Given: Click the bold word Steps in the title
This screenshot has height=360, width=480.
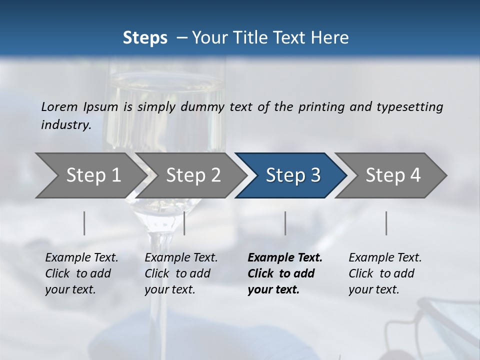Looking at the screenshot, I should (x=145, y=38).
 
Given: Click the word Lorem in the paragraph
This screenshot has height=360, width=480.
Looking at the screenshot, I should (x=59, y=107).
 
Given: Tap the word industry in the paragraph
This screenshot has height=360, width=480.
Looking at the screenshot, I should (x=66, y=125).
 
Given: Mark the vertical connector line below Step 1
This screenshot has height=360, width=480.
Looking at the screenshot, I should (x=84, y=223).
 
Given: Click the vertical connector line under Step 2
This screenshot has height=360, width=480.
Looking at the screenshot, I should (x=184, y=223).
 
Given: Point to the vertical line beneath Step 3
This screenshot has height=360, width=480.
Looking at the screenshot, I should (x=285, y=223).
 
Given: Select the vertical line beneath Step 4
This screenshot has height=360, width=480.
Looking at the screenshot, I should (x=386, y=223).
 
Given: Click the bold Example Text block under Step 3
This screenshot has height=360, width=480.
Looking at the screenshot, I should (x=284, y=273).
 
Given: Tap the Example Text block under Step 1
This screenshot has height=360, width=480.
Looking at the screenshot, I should (x=81, y=273).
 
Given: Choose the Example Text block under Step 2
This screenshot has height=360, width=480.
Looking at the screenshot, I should (x=180, y=273).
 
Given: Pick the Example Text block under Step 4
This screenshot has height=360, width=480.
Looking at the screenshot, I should (x=384, y=273).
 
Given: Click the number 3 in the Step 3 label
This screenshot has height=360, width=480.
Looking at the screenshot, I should (x=315, y=175).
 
